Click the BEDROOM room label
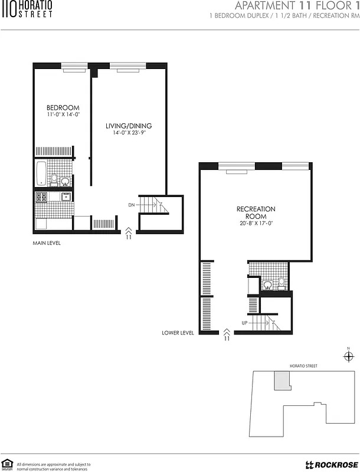click(x=63, y=107)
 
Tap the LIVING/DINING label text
click(x=129, y=126)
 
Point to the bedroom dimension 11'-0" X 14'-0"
click(x=63, y=114)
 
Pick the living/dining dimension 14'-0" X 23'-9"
click(x=129, y=133)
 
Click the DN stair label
click(x=132, y=205)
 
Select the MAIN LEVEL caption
click(x=47, y=242)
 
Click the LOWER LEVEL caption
click(x=178, y=333)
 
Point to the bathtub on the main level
click(x=41, y=173)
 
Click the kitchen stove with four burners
click(x=41, y=197)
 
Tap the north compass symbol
click(x=348, y=356)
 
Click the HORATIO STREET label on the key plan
click(x=303, y=366)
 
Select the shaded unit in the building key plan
click(x=282, y=381)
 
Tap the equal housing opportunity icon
click(x=8, y=464)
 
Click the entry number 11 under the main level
click(x=129, y=237)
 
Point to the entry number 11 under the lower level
click(x=227, y=338)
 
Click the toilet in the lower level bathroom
click(x=282, y=283)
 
